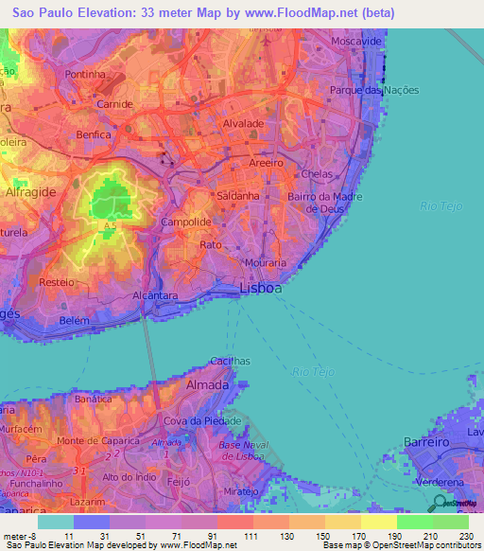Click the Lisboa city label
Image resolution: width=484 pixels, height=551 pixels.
click(261, 288)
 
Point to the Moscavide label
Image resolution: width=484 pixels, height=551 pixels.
click(355, 43)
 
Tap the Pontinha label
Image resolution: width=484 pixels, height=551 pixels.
click(84, 74)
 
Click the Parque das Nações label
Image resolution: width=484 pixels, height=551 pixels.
click(374, 90)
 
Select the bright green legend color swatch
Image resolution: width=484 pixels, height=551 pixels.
click(414, 521)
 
